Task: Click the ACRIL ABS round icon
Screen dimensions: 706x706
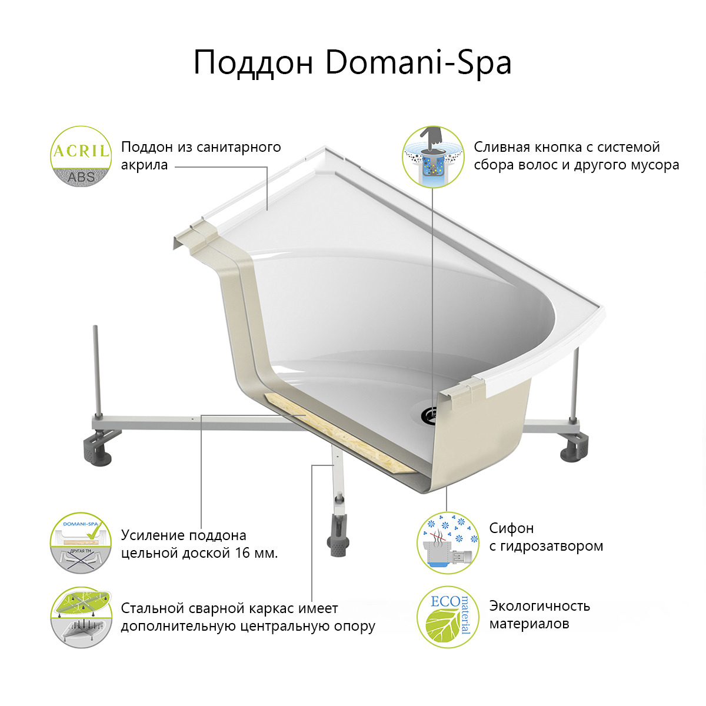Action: pos(81,156)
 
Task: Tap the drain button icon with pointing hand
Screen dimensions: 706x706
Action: pos(433,156)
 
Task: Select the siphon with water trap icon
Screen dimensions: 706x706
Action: pos(448,543)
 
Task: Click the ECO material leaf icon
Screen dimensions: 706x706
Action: pos(448,617)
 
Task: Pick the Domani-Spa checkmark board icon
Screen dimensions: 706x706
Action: pos(81,543)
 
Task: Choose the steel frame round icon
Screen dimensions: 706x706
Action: pos(81,617)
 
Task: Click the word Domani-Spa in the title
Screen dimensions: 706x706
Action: pos(418,63)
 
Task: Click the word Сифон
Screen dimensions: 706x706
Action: pos(511,528)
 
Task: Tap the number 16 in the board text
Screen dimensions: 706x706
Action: pos(243,553)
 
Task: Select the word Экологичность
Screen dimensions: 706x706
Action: pos(540,606)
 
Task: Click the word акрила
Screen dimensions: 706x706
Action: pos(144,165)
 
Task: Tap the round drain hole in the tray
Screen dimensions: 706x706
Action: pos(428,414)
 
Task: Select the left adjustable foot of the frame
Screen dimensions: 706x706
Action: pos(98,448)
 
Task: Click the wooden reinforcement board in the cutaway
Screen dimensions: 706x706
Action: pos(340,433)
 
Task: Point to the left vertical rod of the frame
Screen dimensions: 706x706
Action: pos(96,371)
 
